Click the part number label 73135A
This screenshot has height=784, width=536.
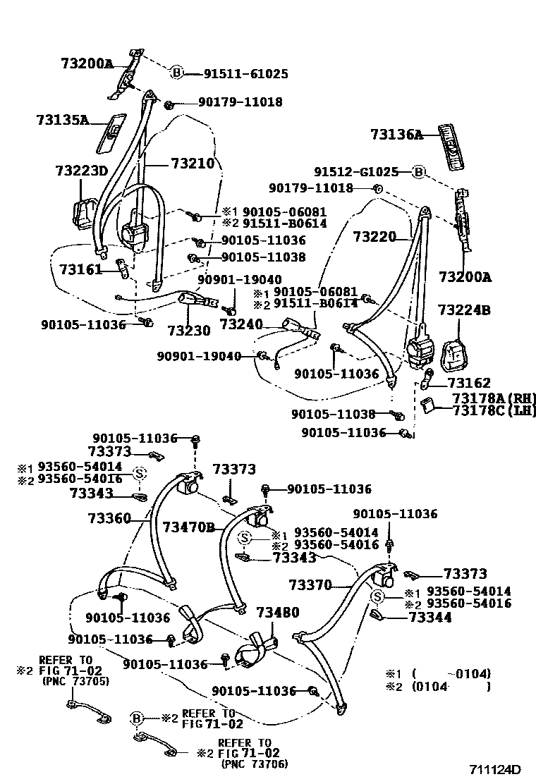62,121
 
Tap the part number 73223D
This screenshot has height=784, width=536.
81,171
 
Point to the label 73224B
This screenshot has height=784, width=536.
465,310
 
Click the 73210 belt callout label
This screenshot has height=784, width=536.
192,164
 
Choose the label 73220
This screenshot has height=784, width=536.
374,237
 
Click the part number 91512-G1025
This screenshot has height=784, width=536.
357,172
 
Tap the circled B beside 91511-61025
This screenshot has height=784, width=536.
176,73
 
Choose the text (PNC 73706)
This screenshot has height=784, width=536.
254,764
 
